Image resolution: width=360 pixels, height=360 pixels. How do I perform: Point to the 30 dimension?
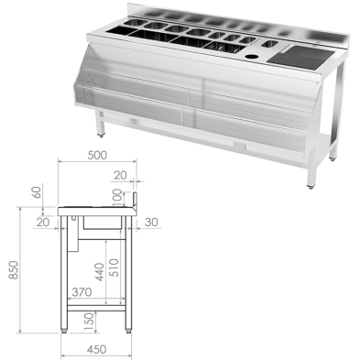(151, 222)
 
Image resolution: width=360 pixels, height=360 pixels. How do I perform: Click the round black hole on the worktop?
(253, 51)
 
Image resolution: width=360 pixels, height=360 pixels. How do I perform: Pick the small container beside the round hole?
(269, 44)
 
